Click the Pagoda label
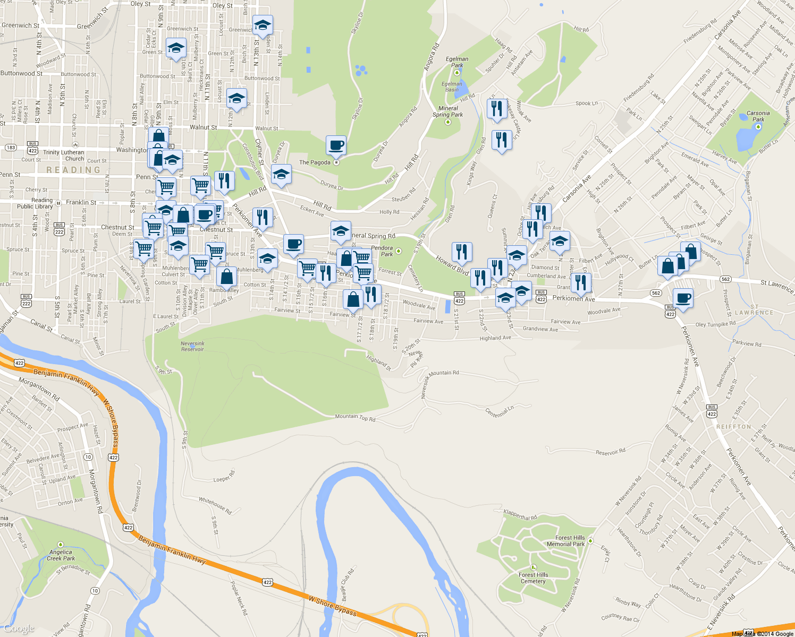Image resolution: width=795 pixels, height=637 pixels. coord(315,162)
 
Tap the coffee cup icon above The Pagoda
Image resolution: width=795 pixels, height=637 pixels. coord(336,145)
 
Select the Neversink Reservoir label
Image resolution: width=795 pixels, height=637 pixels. coord(192,346)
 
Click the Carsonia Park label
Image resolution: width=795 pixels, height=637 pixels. coord(758,116)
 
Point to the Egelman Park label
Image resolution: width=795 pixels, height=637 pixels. coord(457,62)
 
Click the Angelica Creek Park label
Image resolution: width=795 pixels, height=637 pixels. coord(61,555)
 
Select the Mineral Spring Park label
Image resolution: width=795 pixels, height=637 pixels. coord(447,111)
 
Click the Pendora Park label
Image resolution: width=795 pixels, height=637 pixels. coord(382,251)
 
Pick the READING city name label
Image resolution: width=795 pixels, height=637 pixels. coord(73,170)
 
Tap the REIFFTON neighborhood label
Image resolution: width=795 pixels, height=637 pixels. coord(733,427)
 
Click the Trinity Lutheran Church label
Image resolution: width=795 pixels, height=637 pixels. coord(64,156)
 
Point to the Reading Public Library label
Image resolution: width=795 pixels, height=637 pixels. coord(35,203)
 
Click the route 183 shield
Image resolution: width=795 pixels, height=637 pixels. coord(11,148)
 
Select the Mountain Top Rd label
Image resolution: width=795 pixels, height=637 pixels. coord(355,418)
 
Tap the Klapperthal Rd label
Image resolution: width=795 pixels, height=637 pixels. coord(520,514)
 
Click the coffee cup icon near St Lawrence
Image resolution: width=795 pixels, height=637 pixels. coord(683,298)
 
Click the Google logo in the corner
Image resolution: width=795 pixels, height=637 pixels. coord(19,629)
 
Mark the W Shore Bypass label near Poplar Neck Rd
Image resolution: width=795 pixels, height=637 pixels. coord(333,606)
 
